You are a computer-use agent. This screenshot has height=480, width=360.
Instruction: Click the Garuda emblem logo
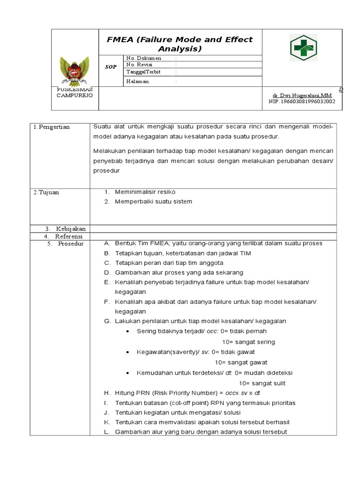75,69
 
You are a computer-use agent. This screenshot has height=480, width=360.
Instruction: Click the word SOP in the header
110,67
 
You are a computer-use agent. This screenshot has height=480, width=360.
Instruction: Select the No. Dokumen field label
143,58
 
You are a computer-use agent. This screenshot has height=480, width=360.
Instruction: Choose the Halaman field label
137,81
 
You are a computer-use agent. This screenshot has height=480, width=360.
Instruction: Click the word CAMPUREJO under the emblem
75,95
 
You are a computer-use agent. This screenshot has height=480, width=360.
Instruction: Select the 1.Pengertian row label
52,127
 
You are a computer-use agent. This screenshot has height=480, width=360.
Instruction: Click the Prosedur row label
70,244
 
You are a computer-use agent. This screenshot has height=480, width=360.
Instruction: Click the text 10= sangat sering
248,342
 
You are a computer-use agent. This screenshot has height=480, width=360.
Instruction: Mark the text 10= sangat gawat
241,362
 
